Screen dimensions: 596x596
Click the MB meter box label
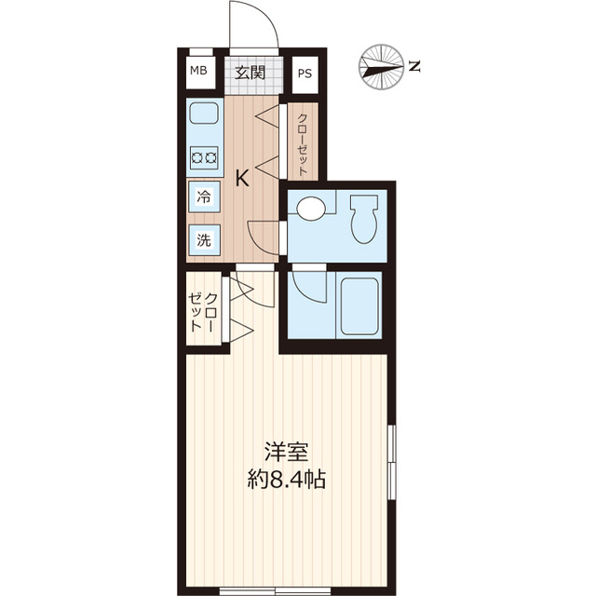point(198,71)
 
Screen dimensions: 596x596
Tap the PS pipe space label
point(305,74)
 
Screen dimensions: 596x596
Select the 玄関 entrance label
point(250,73)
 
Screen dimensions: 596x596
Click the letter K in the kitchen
point(242,178)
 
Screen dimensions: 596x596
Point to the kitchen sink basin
point(204,113)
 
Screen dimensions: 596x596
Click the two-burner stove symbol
point(204,157)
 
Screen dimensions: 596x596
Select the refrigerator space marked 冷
point(204,196)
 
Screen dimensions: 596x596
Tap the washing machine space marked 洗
point(204,240)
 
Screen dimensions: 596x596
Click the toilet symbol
point(364,220)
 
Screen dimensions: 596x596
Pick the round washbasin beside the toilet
point(311,208)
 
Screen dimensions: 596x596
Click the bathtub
point(359,306)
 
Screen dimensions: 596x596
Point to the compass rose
point(381,67)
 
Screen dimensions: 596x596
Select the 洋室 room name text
point(286,452)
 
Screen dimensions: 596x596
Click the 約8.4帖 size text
point(286,480)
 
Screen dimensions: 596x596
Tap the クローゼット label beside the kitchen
point(302,144)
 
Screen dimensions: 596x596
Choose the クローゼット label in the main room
point(203,313)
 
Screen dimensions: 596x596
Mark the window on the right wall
point(391,462)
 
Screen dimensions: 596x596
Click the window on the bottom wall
point(276,591)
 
